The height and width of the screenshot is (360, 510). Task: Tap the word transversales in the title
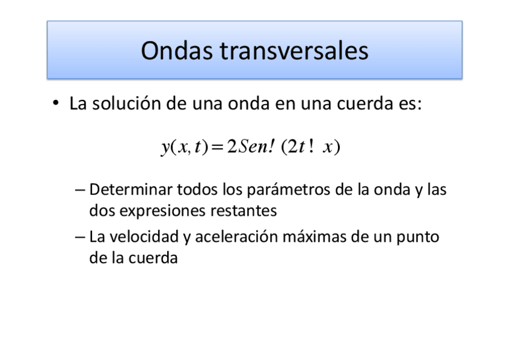(x=294, y=51)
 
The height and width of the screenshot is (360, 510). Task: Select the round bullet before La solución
(x=55, y=104)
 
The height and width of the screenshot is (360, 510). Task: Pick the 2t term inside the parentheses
(x=295, y=147)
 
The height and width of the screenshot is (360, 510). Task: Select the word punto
(x=418, y=237)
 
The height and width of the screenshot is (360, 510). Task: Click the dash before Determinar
(x=81, y=191)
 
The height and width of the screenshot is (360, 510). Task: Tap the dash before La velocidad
(x=81, y=237)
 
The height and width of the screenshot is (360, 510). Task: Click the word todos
(x=197, y=191)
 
